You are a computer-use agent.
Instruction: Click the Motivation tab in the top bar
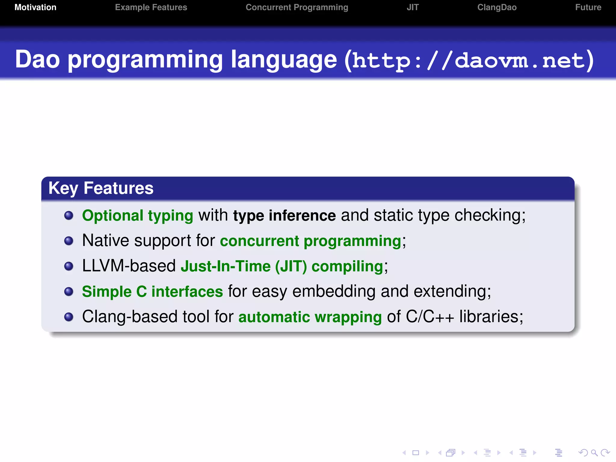point(35,8)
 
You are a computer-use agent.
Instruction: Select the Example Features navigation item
point(151,8)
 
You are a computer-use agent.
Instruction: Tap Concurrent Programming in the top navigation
point(297,8)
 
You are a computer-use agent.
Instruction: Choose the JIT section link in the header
point(413,8)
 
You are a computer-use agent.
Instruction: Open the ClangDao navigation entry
point(497,8)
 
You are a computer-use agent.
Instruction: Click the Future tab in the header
point(588,8)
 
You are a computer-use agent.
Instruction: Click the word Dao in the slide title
point(38,60)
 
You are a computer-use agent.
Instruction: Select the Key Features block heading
point(101,188)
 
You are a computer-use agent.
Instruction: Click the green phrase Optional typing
point(137,216)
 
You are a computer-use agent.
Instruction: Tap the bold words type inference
point(284,216)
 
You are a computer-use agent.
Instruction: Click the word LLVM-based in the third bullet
point(129,266)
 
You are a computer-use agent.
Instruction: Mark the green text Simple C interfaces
point(152,292)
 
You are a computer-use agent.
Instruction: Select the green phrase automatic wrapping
point(310,317)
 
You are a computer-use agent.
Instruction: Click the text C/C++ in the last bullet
point(430,317)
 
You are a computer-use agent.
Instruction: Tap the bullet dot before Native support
point(69,241)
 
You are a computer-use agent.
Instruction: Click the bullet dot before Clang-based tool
point(69,317)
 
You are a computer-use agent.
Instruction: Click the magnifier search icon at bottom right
point(594,453)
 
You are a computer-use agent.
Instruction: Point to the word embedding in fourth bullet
point(334,292)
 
